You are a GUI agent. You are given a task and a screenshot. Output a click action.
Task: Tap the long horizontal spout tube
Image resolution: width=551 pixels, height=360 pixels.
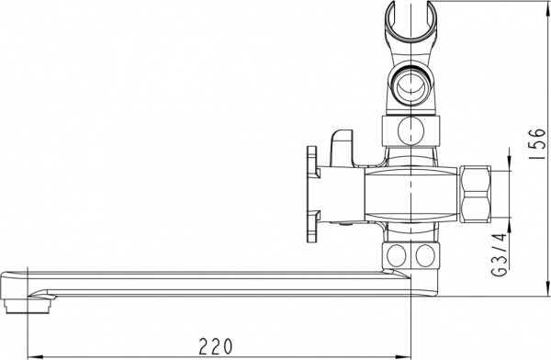coord(211,280)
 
